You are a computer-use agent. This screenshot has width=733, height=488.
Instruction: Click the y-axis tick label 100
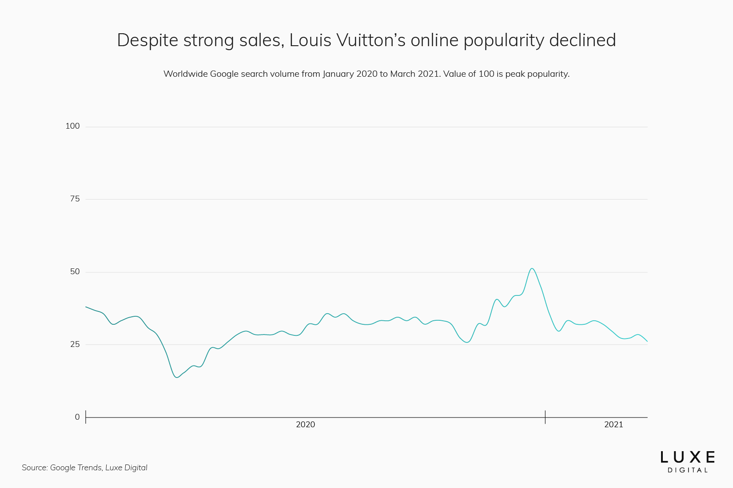click(72, 126)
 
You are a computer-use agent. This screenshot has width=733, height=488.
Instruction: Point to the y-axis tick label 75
click(75, 199)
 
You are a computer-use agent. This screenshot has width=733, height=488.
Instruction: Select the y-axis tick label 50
click(75, 272)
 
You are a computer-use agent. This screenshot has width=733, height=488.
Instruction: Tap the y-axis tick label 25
click(75, 344)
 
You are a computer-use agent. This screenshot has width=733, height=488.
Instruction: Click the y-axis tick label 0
click(77, 417)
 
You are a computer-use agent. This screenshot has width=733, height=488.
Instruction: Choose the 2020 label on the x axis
click(305, 425)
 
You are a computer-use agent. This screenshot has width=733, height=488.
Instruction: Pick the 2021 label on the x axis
click(613, 425)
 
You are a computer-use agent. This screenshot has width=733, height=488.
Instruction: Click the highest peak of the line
click(532, 268)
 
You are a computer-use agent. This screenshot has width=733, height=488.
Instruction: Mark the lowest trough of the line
click(177, 377)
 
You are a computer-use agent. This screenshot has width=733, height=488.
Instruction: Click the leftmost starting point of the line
click(86, 307)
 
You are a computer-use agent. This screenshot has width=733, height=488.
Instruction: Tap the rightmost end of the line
click(647, 341)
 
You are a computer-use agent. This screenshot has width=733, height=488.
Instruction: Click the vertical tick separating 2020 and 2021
click(545, 417)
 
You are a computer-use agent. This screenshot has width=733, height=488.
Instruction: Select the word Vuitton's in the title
click(371, 40)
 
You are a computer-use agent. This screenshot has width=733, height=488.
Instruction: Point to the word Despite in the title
click(147, 40)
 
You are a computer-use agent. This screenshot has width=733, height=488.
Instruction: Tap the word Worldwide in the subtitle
click(185, 74)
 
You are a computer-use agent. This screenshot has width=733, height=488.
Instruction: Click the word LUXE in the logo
click(687, 457)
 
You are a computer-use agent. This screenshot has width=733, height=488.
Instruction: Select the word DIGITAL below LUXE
click(687, 470)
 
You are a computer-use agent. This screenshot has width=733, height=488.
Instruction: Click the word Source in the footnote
click(34, 468)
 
